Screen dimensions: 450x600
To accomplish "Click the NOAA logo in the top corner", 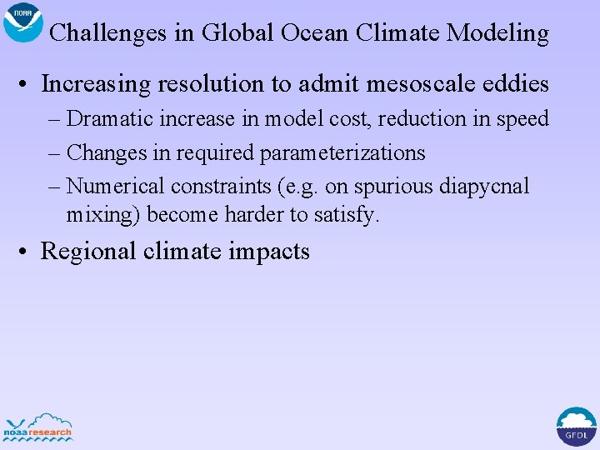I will click(23, 22).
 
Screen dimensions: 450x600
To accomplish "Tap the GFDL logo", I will click(576, 427).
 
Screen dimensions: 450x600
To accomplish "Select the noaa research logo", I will click(38, 427).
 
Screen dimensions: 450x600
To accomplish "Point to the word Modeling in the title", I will click(497, 33).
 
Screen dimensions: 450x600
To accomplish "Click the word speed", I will click(522, 119).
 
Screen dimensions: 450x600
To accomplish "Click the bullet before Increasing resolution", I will click(28, 85).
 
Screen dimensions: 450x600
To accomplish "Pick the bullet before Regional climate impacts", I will click(28, 252).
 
